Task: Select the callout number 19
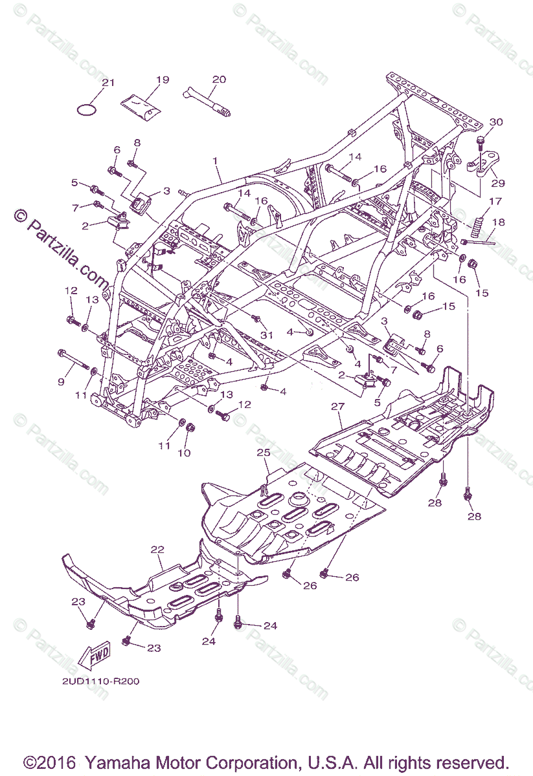pos(162,80)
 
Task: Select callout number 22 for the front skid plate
pos(157,549)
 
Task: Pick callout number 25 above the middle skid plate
pos(263,451)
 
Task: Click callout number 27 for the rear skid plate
pos(336,406)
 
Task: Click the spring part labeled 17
pos(479,226)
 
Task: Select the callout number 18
pos(497,222)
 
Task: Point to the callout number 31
pos(267,334)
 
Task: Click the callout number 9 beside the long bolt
pos(61,382)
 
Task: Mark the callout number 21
pos(108,82)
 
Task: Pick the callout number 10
pos(184,453)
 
